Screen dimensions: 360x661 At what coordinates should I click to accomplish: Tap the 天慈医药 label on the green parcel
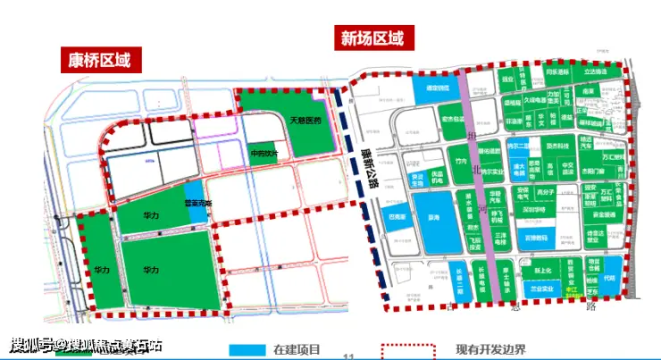[303, 119]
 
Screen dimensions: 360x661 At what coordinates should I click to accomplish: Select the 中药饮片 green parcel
[264, 154]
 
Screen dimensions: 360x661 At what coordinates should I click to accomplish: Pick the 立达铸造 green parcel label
[596, 71]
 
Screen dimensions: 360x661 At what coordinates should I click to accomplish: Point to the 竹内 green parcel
[462, 161]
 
